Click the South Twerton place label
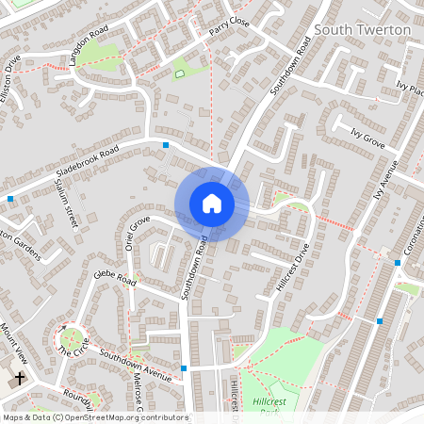[363, 30]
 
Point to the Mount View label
[14, 342]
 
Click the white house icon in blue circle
[211, 204]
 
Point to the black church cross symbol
[19, 380]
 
